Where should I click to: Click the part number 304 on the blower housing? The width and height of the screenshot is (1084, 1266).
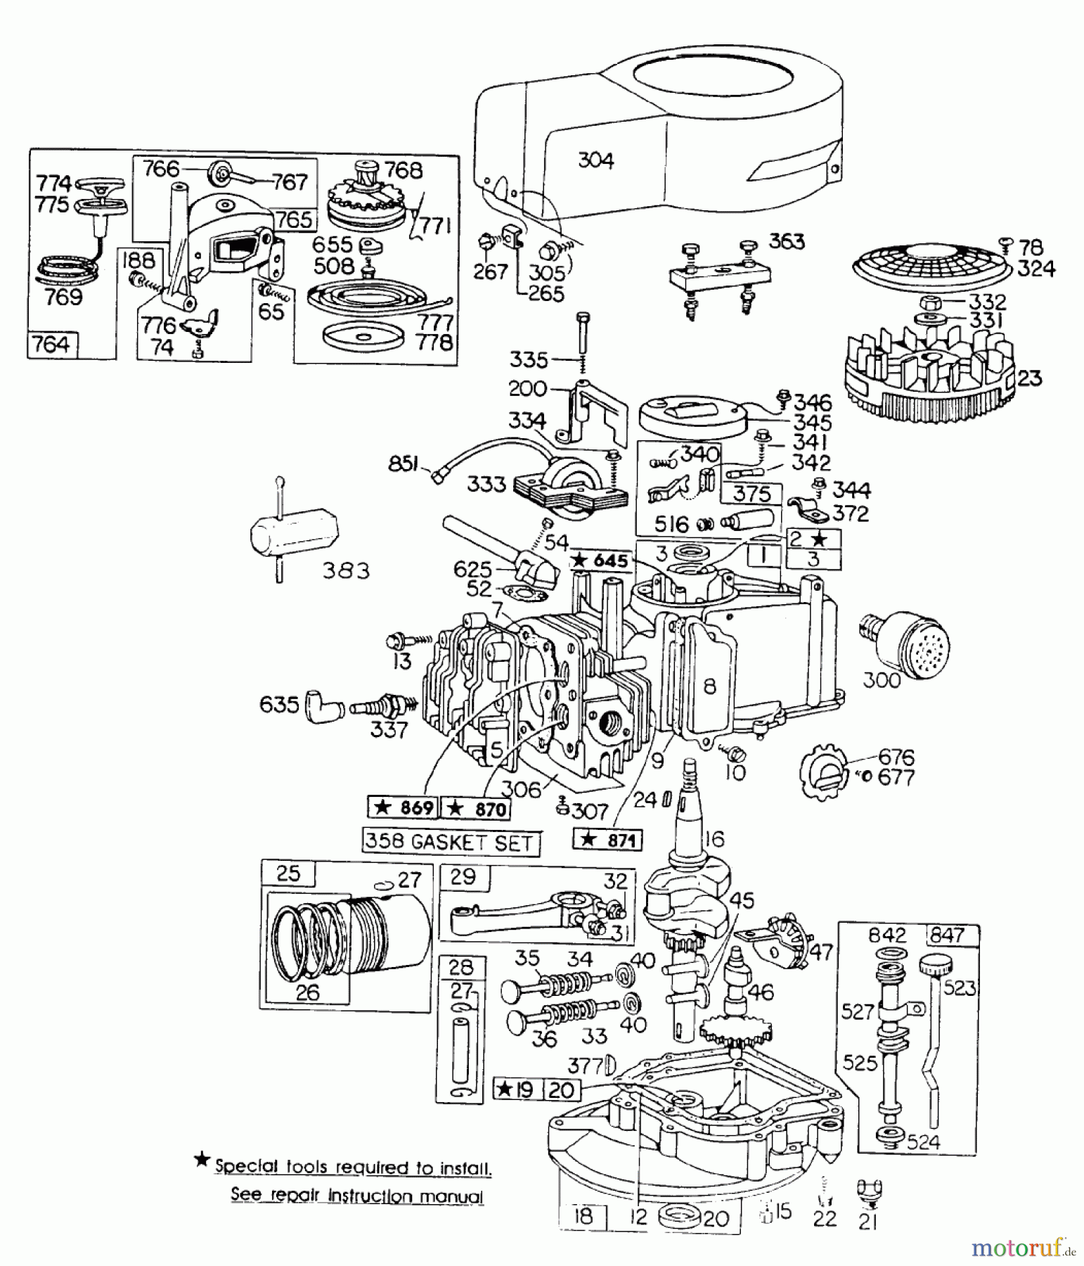coord(595,161)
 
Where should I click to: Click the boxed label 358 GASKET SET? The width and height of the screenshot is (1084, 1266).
coord(451,842)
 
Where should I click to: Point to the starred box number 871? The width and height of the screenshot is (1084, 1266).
coord(608,840)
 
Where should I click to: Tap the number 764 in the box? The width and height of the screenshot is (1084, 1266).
coord(53,345)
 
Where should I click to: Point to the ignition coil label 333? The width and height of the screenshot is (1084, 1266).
coord(486,485)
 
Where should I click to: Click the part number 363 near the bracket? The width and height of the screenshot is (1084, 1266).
coord(787,241)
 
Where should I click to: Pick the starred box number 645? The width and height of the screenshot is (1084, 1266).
coord(601,561)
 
